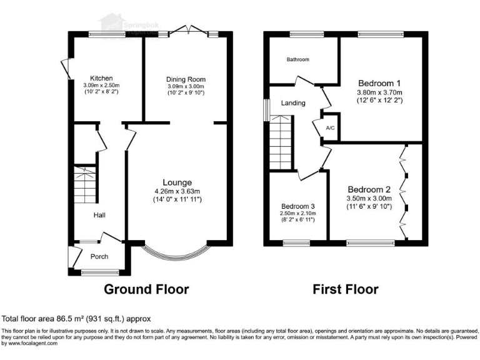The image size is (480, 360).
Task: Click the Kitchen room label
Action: tap(101, 78)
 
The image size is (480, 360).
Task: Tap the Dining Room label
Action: tap(186, 79)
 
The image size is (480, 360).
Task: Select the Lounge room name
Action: tap(178, 182)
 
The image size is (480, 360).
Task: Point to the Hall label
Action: tap(99, 215)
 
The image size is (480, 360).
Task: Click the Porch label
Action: tap(99, 256)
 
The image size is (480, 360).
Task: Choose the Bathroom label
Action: tap(297, 60)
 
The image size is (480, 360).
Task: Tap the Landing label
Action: tap(293, 103)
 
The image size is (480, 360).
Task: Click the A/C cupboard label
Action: tap(331, 127)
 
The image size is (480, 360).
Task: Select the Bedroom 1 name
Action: tap(379, 83)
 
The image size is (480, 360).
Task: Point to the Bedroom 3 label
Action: tap(297, 206)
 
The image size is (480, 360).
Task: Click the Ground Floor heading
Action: tap(146, 289)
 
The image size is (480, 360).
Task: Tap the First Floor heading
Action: tap(346, 289)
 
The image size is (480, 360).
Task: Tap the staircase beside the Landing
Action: tap(281, 144)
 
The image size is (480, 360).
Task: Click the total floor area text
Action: tap(76, 319)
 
